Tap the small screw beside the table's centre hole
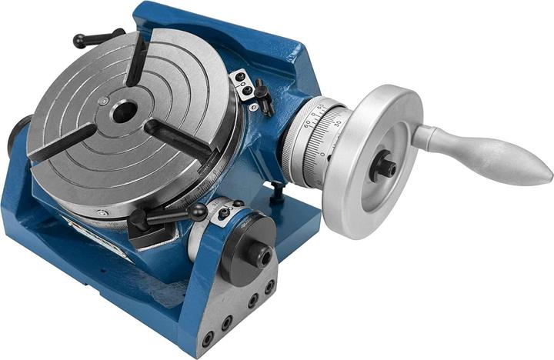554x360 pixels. pyautogui.click(x=103, y=101)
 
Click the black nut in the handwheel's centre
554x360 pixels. pyautogui.click(x=383, y=166)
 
